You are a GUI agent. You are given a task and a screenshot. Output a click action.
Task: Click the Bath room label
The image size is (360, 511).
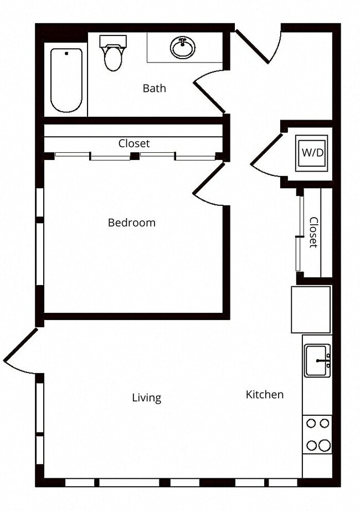tap(154, 89)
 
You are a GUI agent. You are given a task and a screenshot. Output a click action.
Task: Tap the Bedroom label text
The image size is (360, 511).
tap(131, 223)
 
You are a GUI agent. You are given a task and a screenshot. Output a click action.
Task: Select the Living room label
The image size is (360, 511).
tap(146, 398)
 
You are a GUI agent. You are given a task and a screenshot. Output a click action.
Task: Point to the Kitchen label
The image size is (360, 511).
tap(264, 395)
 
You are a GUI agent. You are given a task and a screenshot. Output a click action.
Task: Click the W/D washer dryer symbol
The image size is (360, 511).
tap(312, 152)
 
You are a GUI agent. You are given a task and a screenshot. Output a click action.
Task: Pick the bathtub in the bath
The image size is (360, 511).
tap(66, 80)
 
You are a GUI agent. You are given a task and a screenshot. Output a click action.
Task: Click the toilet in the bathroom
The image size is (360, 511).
tap(113, 58)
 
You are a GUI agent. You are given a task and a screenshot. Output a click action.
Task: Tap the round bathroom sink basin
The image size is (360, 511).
tap(182, 48)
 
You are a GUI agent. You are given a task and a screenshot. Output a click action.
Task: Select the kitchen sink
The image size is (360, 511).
tap(317, 360)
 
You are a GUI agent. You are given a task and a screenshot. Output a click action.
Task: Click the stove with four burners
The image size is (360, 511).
tap(317, 435)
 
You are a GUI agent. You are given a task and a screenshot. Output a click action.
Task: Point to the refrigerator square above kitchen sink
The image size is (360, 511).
tap(311, 309)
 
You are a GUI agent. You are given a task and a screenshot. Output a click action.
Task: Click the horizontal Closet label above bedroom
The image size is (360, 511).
tap(134, 143)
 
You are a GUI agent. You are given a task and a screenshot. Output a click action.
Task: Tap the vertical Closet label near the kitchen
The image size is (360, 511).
tap(313, 232)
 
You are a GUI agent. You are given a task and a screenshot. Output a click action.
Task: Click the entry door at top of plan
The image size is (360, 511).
tap(258, 45)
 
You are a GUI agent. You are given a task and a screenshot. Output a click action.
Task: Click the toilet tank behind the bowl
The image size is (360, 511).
tap(113, 41)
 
